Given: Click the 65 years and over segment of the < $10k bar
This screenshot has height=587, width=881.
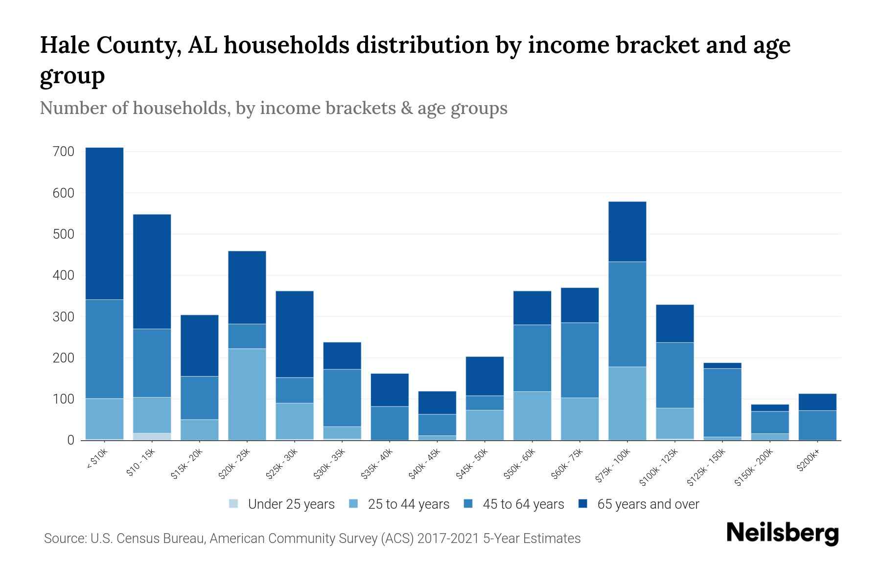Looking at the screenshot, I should pyautogui.click(x=104, y=223).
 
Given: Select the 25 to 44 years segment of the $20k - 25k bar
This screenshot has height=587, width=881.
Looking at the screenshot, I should pyautogui.click(x=247, y=394).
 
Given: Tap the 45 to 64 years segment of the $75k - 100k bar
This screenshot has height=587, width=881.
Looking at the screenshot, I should pyautogui.click(x=627, y=314).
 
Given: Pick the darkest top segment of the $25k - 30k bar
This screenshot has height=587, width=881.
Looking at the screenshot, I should pyautogui.click(x=295, y=334).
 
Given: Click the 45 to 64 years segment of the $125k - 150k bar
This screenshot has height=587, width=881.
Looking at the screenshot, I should pyautogui.click(x=722, y=402).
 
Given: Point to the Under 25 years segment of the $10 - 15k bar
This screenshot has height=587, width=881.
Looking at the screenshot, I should pyautogui.click(x=152, y=436).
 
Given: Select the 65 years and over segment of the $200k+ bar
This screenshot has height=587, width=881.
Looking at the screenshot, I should pyautogui.click(x=817, y=402).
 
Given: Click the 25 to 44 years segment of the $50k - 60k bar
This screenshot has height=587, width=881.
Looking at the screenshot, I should pyautogui.click(x=532, y=416).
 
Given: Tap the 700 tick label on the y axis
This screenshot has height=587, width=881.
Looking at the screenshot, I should pyautogui.click(x=63, y=152).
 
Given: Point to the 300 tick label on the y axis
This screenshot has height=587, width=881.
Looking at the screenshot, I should pyautogui.click(x=63, y=317).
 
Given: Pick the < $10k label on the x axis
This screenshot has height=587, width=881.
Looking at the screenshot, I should pyautogui.click(x=97, y=460).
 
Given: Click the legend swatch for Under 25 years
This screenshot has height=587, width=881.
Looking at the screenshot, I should pyautogui.click(x=233, y=504).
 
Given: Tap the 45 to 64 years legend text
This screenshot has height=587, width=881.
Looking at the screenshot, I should pyautogui.click(x=523, y=504).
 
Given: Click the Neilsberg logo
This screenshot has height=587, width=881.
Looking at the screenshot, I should pyautogui.click(x=782, y=533).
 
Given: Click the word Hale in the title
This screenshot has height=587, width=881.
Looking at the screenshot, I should pyautogui.click(x=65, y=45).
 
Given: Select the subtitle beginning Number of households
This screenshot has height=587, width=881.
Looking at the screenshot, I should pyautogui.click(x=273, y=108).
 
